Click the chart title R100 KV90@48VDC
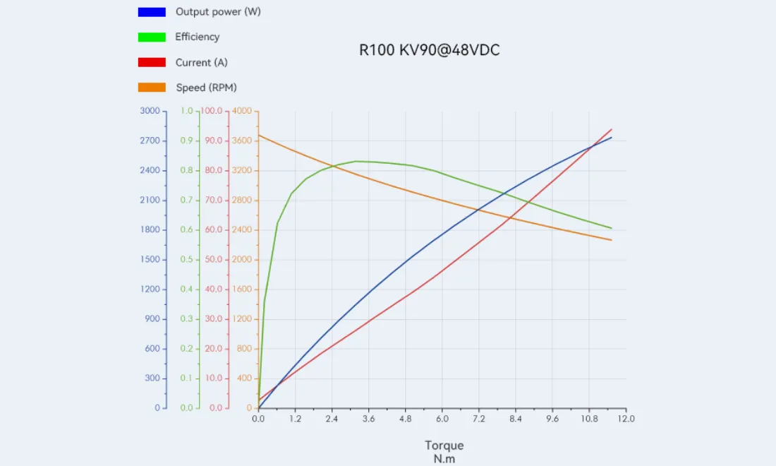[429, 50]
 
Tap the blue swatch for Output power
[152, 12]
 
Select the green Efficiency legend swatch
[152, 37]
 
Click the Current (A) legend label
[202, 62]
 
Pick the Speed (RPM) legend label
[207, 88]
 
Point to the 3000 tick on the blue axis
[150, 110]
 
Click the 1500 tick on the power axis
[150, 259]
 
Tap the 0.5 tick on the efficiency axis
[186, 259]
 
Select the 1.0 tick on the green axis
[186, 110]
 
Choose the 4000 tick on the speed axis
[242, 110]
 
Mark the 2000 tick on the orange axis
[242, 259]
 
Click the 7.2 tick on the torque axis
[478, 419]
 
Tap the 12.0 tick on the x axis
[626, 419]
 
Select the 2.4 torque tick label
[332, 419]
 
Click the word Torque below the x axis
[444, 446]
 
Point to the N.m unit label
[444, 459]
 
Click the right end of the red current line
[612, 129]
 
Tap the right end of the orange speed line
[612, 240]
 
